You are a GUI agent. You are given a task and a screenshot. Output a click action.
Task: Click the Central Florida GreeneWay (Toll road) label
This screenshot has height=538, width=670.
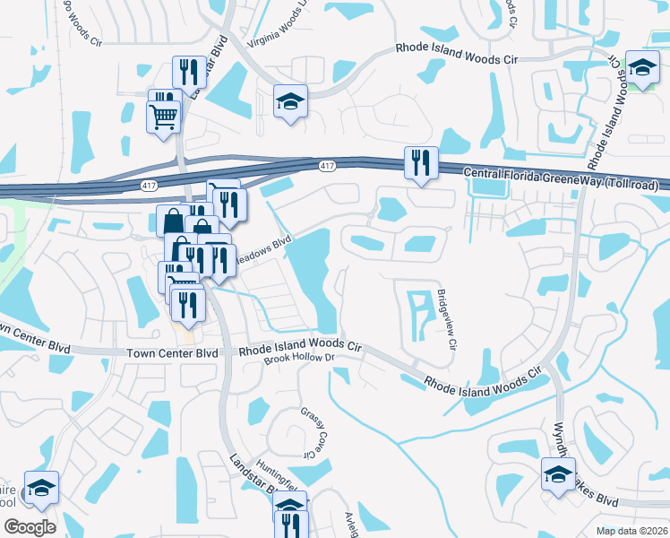coord(561,178)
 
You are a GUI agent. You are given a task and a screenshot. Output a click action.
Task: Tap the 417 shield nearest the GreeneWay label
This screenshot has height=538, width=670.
coord(328,165)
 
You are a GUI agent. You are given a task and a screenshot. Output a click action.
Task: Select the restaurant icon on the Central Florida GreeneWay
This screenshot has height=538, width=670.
coord(421,163)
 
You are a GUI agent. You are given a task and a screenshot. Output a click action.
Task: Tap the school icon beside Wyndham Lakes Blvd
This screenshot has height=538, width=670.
coord(559,475)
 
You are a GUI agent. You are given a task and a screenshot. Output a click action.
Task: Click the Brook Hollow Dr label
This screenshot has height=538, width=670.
coord(299,358)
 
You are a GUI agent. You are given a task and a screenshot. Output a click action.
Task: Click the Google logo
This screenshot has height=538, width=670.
coord(30,526)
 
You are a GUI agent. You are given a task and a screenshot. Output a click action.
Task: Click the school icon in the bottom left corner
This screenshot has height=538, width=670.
coord(41,488)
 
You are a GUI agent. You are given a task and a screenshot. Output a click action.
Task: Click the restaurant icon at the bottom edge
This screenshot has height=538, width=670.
coord(291,525)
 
